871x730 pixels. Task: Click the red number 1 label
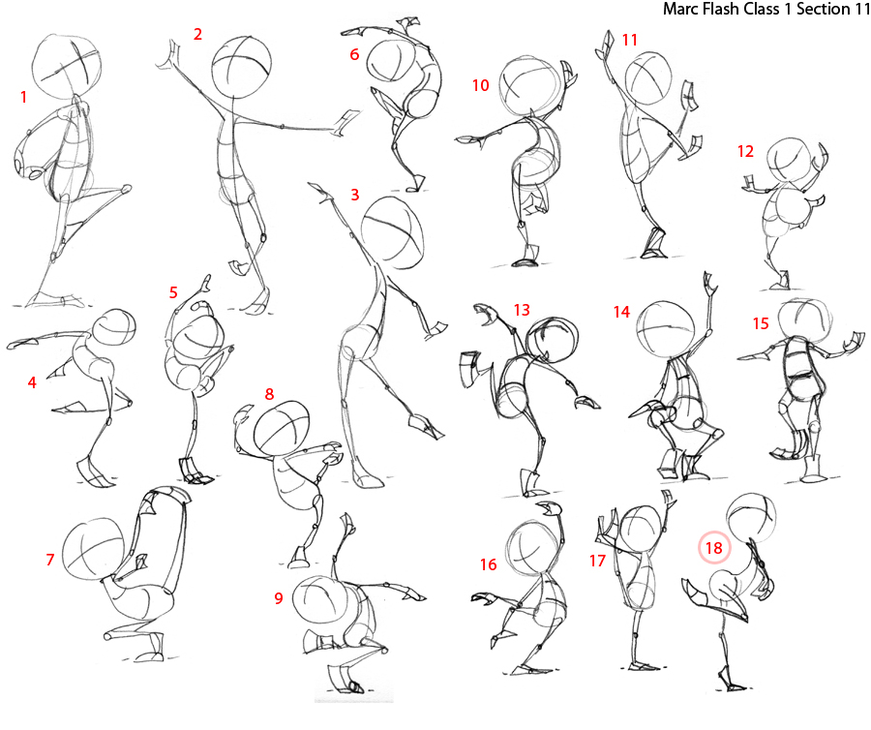[23, 97]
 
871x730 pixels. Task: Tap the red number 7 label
[49, 560]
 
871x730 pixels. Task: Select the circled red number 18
[714, 549]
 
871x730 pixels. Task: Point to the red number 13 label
[522, 310]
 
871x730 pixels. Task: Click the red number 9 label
[278, 598]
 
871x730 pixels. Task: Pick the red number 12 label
[745, 151]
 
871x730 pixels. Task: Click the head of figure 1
[66, 65]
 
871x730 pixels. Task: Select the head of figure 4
[115, 332]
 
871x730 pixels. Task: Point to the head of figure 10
[528, 86]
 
